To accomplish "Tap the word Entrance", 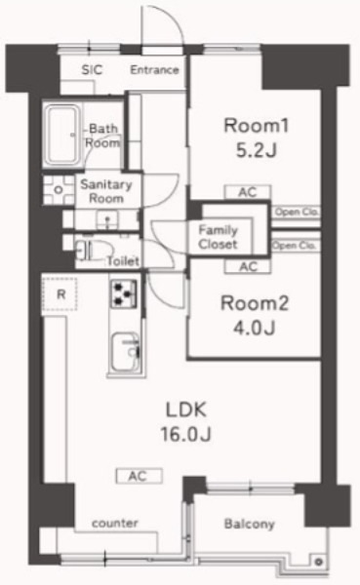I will point(155,69).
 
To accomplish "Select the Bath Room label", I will point(101,135).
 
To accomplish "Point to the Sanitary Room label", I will point(100,190).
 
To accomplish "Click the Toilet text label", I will point(122,261).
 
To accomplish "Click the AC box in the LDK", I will point(140,477).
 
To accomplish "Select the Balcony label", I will point(250,524).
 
